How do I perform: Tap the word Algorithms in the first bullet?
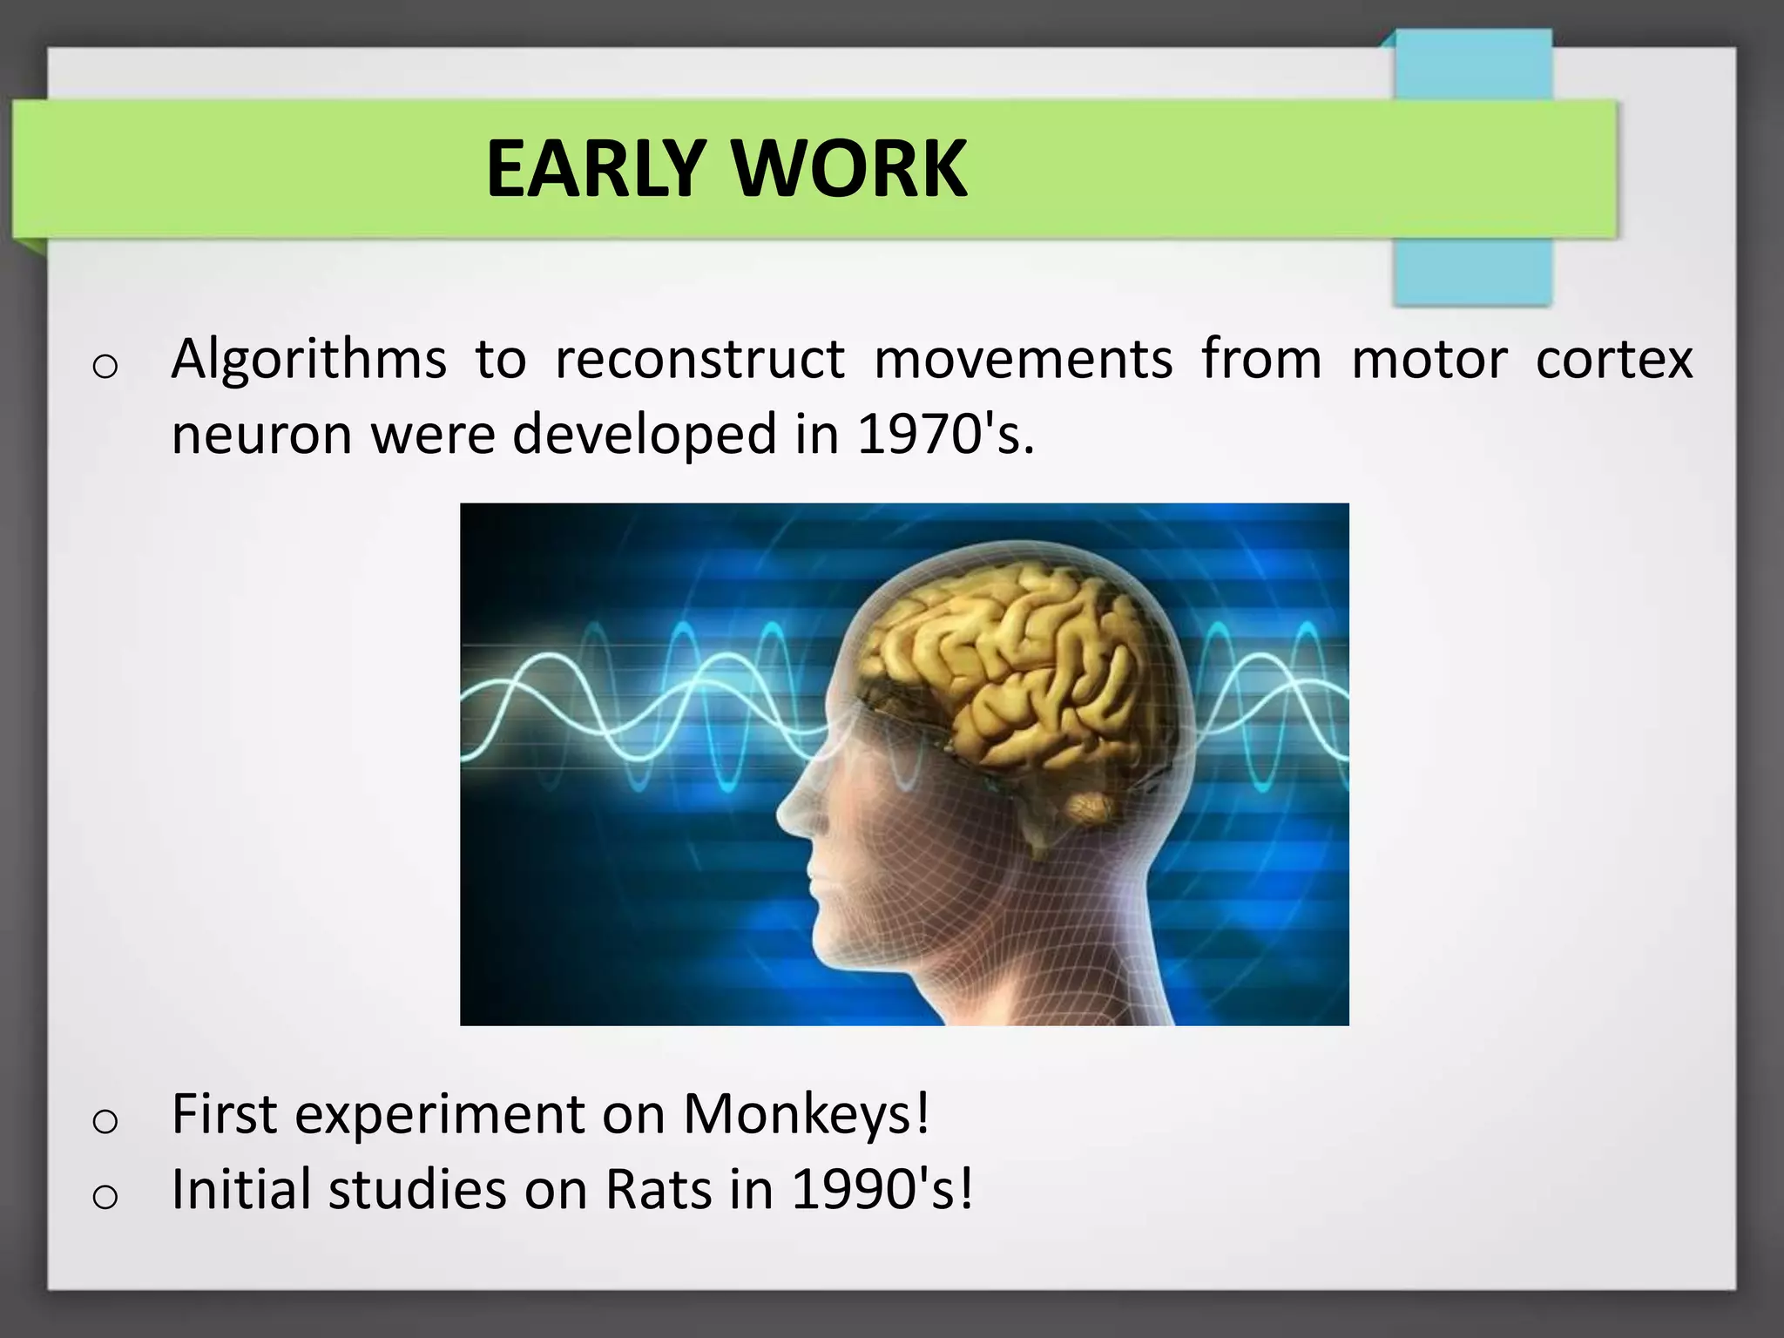308,359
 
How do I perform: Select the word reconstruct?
699,359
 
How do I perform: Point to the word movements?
1023,359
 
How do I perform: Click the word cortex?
1614,359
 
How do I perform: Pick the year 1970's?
946,434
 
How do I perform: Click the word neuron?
260,434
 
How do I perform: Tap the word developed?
644,434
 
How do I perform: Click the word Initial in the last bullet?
240,1189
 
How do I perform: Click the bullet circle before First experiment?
105,1121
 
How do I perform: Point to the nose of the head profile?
788,814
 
